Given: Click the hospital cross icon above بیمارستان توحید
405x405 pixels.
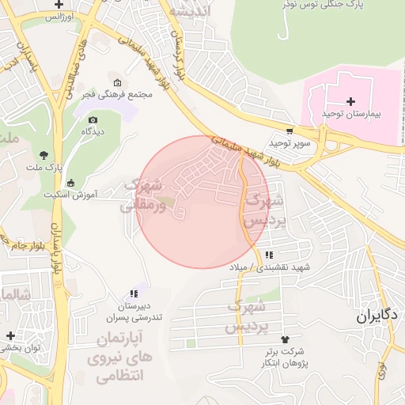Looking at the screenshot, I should tap(350, 101).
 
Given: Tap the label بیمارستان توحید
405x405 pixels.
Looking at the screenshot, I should tap(351, 115).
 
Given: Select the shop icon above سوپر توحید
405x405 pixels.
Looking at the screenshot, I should tap(290, 131).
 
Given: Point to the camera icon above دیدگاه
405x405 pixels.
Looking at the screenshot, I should tap(93, 119).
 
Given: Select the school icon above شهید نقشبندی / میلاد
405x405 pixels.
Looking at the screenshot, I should tap(270, 255).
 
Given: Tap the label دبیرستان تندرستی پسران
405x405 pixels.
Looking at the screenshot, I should tap(134, 312).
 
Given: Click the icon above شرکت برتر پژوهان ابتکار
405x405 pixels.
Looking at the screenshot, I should tap(274, 339).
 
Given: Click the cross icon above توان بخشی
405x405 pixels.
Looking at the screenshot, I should tap(9, 335).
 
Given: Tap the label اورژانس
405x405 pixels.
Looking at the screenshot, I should tap(59, 16).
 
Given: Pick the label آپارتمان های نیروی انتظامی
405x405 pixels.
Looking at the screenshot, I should tap(123, 358).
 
